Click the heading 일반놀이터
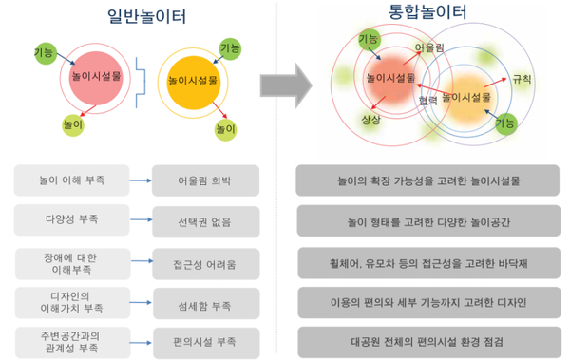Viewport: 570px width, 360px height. click(x=147, y=16)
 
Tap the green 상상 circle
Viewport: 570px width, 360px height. click(x=370, y=120)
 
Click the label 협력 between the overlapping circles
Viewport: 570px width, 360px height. click(x=427, y=98)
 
